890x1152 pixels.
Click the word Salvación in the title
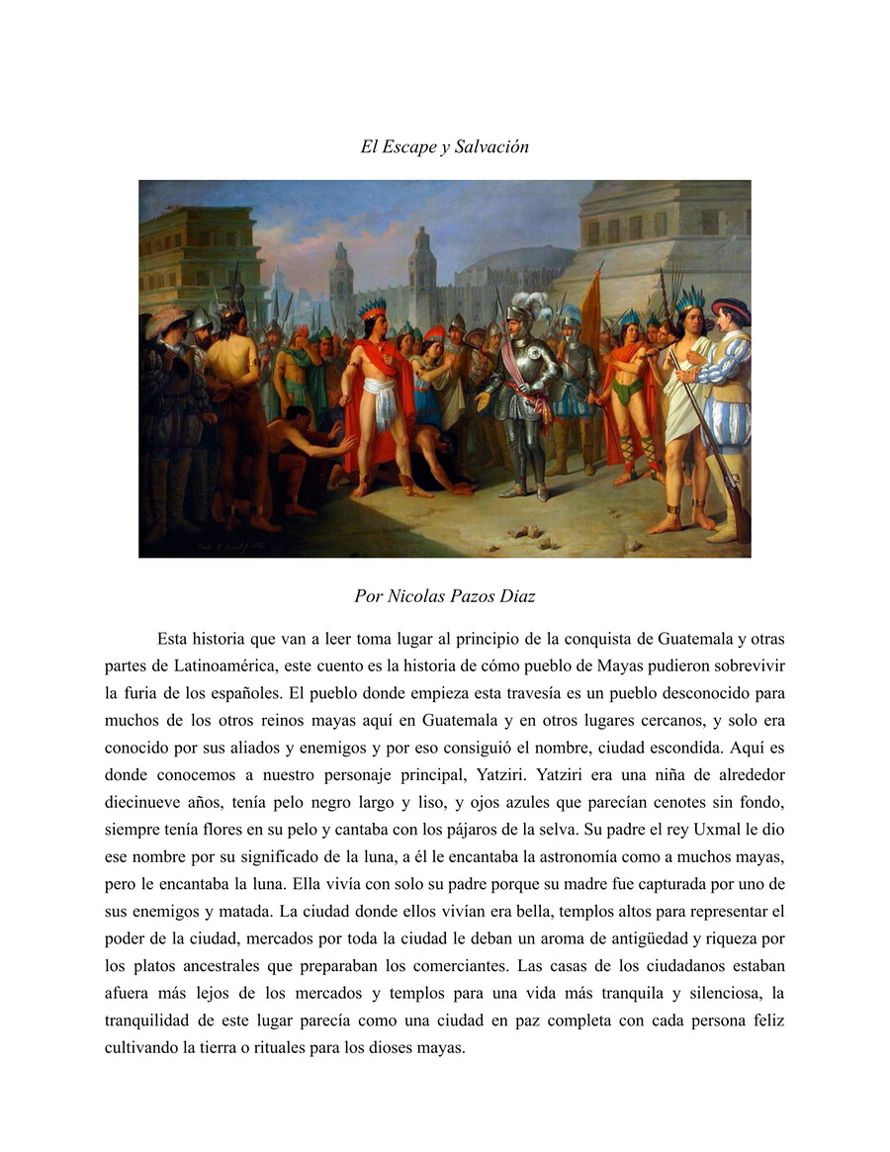pos(491,147)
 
